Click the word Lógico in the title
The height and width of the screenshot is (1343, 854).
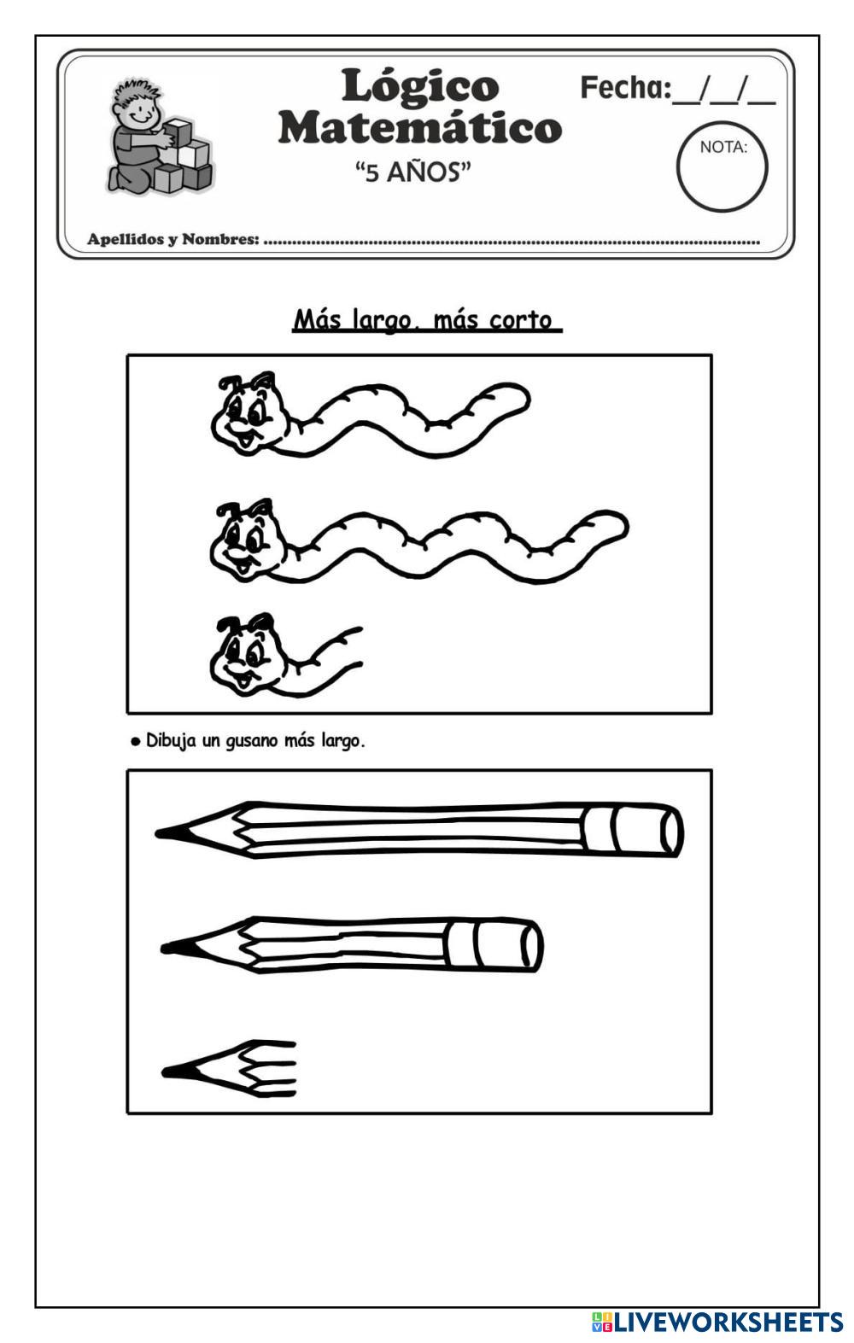coord(420,88)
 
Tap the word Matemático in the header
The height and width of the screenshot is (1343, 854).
coord(420,128)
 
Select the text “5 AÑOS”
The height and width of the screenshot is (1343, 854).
coord(413,172)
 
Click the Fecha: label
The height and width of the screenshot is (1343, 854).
coord(625,88)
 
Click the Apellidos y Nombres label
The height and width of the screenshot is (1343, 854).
coord(173,240)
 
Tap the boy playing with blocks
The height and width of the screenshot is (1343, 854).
coord(159,136)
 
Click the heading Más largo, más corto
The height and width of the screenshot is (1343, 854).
coord(427,320)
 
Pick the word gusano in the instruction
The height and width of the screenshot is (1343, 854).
coord(253,742)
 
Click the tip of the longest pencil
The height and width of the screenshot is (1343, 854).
coord(158,832)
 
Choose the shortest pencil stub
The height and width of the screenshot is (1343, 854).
coord(229,1069)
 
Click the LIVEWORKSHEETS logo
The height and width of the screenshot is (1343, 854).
coord(717,1321)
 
